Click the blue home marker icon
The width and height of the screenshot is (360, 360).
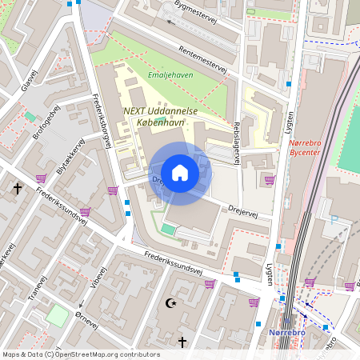click(180, 173)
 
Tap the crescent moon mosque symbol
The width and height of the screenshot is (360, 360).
click(170, 303)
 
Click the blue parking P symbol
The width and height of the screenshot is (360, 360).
click(333, 219)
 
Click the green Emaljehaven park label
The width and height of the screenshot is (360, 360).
click(170, 76)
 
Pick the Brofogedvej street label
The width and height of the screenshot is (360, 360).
click(46, 123)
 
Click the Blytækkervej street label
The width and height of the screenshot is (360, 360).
click(70, 157)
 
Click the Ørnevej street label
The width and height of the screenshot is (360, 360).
click(83, 319)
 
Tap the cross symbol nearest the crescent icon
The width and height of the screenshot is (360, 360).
click(182, 342)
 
